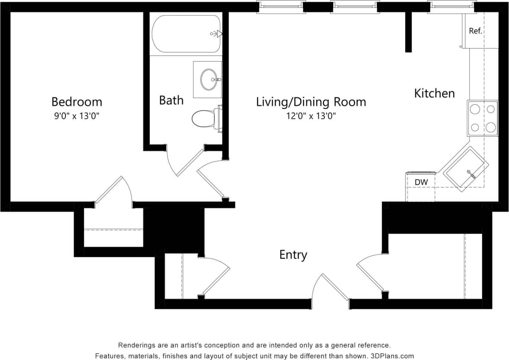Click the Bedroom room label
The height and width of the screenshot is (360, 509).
(77, 102)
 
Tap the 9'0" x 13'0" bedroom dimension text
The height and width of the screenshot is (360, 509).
(77, 116)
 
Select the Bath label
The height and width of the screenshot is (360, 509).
(171, 100)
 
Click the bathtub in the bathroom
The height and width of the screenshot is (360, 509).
(187, 34)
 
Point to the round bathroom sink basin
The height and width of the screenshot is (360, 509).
(209, 79)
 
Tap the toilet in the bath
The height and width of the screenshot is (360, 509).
(205, 118)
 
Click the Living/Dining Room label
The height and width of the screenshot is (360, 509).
(311, 102)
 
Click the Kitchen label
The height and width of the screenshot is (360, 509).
(434, 93)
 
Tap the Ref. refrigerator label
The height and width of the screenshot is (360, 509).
(475, 31)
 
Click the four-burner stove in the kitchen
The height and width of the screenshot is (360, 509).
(482, 118)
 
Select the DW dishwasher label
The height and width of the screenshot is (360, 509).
(421, 182)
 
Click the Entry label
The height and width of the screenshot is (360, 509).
(293, 255)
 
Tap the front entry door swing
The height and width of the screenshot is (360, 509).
(331, 288)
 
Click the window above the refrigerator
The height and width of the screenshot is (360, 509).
(451, 6)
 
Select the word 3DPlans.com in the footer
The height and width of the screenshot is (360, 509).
(392, 356)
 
